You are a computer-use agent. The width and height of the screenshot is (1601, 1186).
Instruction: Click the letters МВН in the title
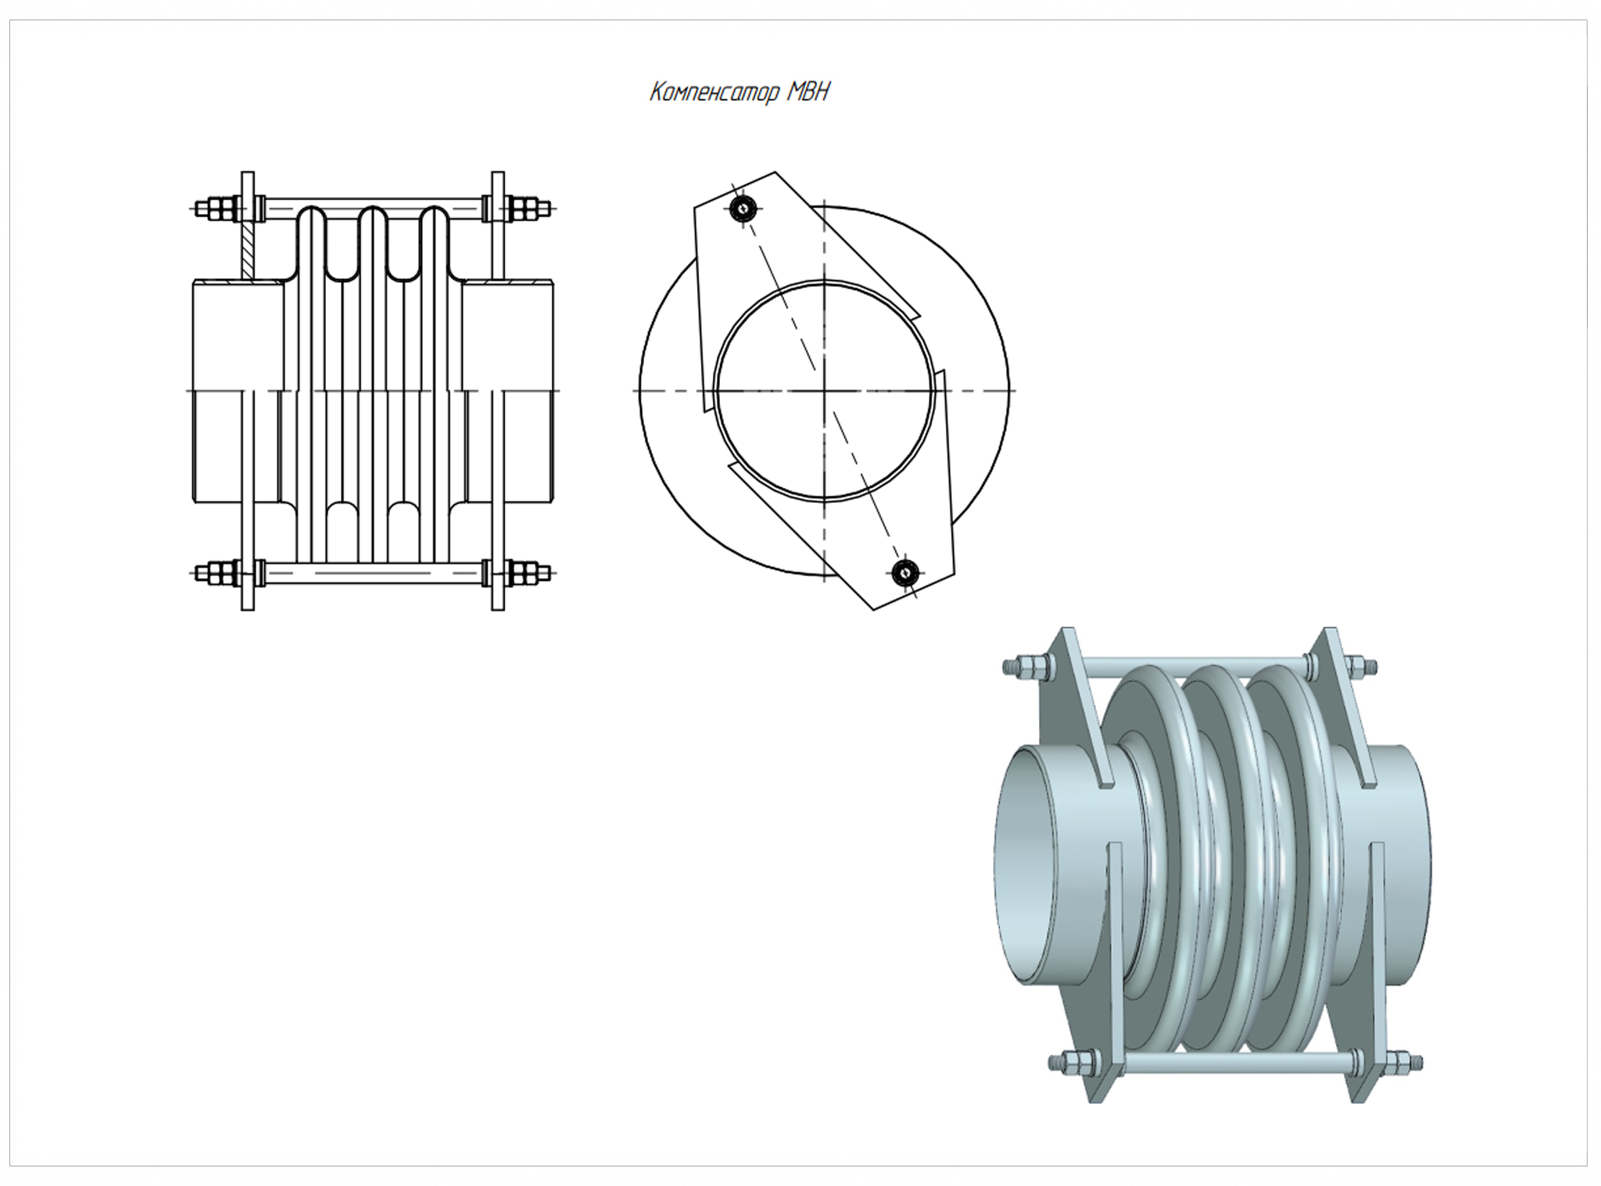[808, 92]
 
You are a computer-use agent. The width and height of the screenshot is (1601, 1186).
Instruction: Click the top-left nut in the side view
[219, 210]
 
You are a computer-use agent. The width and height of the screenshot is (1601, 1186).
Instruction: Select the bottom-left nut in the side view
[219, 573]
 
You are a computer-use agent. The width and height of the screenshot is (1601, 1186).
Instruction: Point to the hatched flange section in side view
[249, 250]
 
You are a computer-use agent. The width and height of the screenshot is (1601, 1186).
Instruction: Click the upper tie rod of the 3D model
[1196, 665]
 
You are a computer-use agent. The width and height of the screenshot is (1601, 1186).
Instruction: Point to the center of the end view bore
[824, 390]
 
